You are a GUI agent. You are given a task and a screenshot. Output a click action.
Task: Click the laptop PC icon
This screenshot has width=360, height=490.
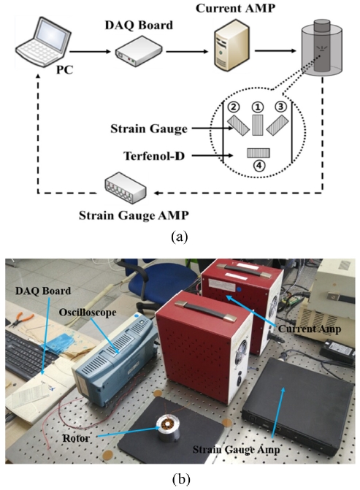(43, 41)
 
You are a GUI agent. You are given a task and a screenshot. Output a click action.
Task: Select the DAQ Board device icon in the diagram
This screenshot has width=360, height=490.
(139, 50)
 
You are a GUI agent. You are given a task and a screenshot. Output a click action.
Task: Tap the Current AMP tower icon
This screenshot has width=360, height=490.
(231, 44)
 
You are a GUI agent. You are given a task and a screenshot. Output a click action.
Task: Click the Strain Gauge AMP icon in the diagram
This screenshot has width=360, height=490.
(126, 188)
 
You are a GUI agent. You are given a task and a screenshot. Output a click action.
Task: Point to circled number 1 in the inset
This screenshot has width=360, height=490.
(258, 107)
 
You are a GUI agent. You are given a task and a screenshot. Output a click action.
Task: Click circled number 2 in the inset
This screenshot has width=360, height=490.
(234, 107)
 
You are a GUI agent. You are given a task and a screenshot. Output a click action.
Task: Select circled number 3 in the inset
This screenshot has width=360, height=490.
(281, 107)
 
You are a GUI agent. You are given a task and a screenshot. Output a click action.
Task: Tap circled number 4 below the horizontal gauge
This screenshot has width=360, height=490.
(258, 166)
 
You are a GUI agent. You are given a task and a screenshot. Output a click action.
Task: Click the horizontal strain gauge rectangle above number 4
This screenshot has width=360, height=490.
(258, 153)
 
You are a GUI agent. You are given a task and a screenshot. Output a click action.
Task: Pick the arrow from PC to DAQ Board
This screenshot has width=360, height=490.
(91, 51)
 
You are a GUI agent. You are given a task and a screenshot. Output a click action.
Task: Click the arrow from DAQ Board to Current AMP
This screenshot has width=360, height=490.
(187, 51)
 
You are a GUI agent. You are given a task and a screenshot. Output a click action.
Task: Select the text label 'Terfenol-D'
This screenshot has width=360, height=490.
(154, 156)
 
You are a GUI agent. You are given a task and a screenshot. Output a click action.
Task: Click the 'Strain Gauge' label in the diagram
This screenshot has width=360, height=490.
(149, 129)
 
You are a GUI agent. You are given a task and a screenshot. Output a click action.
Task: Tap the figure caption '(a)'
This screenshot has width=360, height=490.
(180, 237)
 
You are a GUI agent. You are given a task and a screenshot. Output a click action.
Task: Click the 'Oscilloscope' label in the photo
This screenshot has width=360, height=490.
(88, 313)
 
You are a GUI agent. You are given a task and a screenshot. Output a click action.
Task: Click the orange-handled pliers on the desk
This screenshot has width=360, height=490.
(21, 320)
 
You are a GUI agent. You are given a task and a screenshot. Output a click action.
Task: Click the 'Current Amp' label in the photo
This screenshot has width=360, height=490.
(310, 329)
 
